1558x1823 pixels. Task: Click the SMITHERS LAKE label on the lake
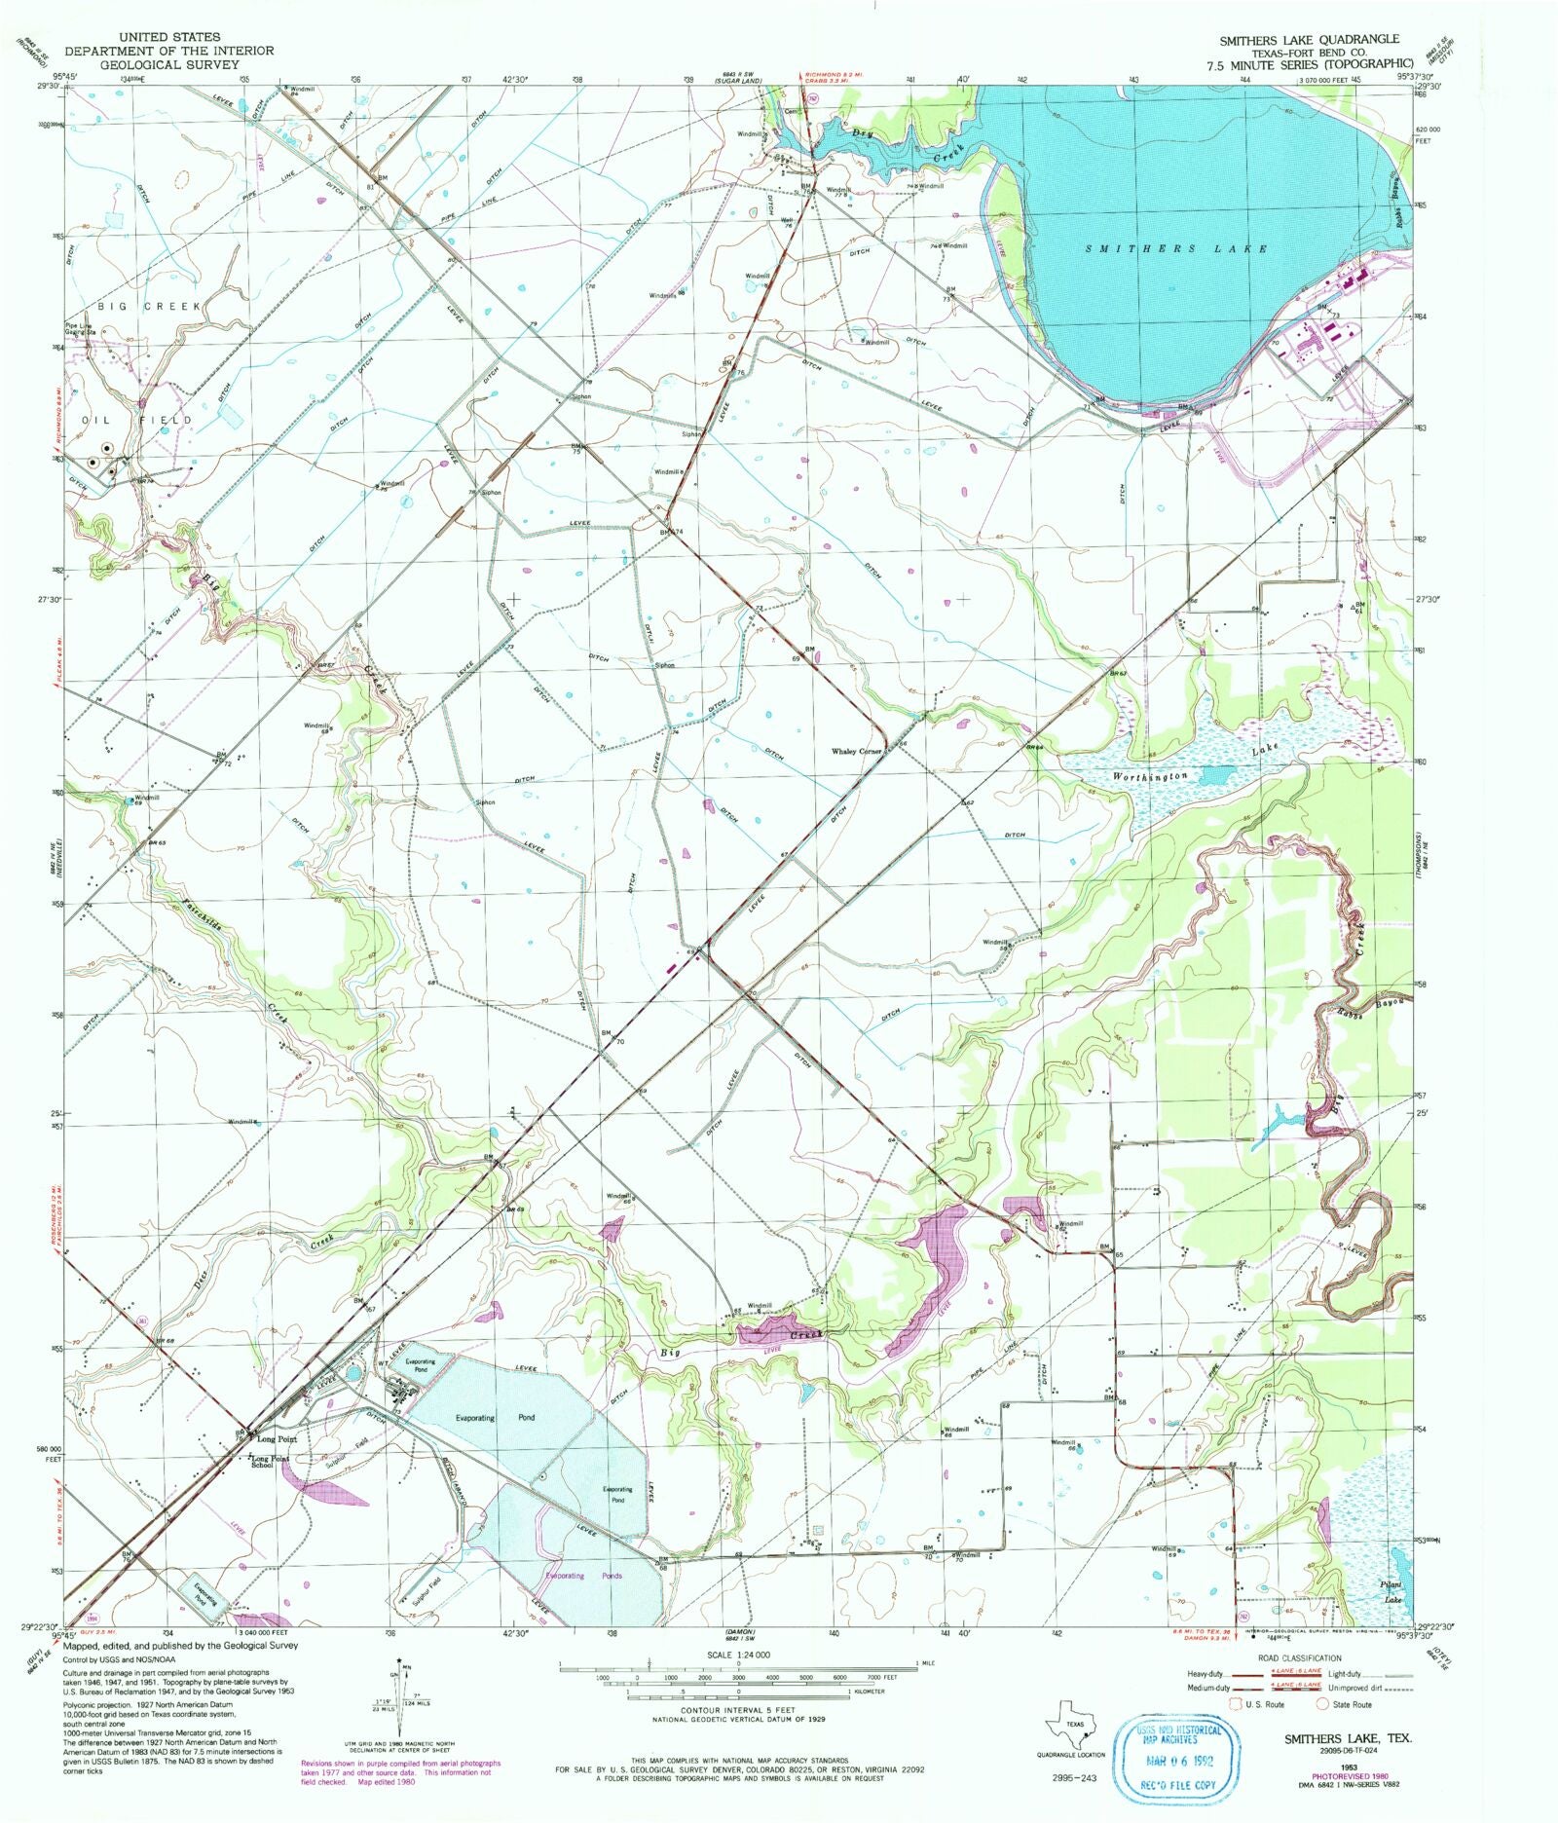[1176, 249]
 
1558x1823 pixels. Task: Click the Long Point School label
[270, 1461]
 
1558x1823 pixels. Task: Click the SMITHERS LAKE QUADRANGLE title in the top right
[1310, 39]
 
